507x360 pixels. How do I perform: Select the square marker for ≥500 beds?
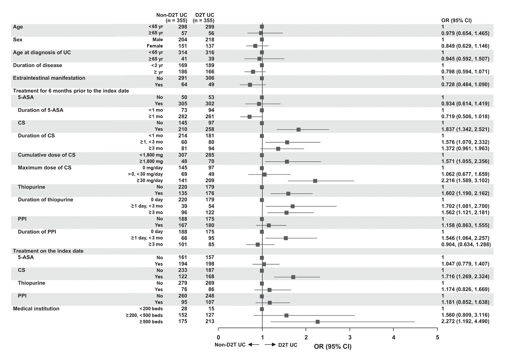coord(317,322)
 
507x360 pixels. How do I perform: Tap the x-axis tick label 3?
coord(350,337)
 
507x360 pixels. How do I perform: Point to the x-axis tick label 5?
coord(438,337)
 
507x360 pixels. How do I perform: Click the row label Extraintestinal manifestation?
coord(49,78)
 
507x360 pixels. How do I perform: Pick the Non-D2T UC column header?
coord(171,15)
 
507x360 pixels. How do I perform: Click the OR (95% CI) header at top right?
coord(456,20)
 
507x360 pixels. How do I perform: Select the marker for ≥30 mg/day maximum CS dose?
coord(315,181)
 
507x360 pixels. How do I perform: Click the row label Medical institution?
coord(36,309)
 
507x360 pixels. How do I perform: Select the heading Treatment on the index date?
coord(48,251)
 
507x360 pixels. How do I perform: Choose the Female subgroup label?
coord(155,46)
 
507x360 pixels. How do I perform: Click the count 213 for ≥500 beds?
coord(210,321)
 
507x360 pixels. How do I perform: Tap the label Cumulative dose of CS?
coord(47,155)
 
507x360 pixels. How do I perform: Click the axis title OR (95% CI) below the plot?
coord(332,347)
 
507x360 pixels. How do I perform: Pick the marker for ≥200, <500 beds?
coord(286,315)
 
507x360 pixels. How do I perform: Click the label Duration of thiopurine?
coord(46,200)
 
